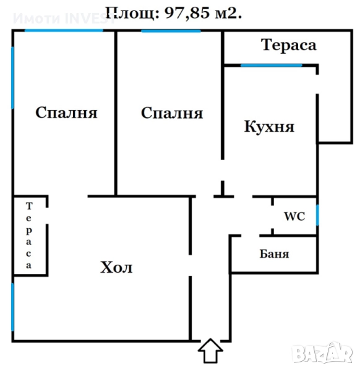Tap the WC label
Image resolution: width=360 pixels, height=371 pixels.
coord(294,216)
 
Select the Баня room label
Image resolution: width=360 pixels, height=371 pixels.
coord(274,254)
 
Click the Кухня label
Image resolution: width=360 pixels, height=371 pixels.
coord(269,127)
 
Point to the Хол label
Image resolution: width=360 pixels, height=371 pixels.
coord(116,267)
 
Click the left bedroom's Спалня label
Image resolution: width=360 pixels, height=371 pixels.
coord(66,113)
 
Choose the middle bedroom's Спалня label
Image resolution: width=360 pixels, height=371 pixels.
coord(172,113)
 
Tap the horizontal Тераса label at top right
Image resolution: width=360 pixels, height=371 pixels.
coord(288,45)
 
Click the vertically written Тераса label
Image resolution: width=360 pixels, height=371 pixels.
coord(28,236)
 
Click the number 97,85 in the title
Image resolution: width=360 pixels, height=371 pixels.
coord(187,13)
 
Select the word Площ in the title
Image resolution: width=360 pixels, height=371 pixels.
coord(132,14)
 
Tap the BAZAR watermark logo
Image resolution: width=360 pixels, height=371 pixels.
coord(322,353)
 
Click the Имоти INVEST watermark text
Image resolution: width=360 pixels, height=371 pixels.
coord(64,18)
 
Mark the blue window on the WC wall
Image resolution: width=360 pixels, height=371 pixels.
coord(317,215)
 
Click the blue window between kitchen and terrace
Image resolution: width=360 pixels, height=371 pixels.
coord(272,66)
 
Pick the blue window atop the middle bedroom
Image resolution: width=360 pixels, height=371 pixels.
coord(171,31)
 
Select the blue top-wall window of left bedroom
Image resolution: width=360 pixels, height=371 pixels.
coord(64,30)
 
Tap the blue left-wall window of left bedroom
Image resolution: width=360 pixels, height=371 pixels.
coord(13,78)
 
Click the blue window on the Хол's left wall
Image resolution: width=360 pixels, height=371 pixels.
coord(13,307)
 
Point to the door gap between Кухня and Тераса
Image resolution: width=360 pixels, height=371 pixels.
coord(317,84)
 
